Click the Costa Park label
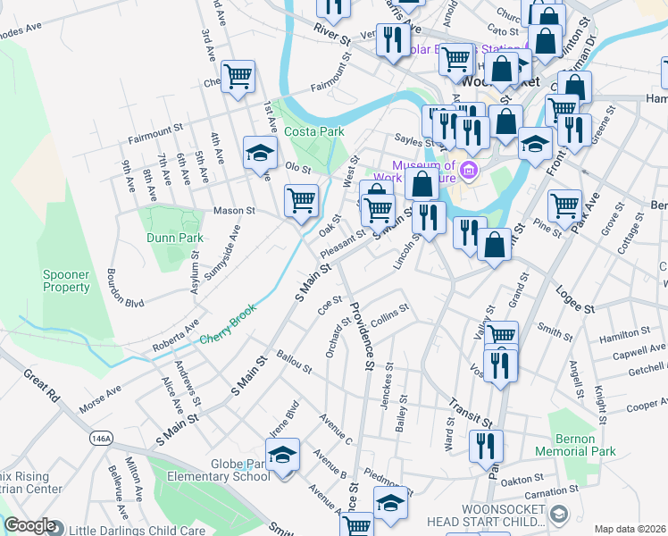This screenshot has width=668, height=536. [x=314, y=131]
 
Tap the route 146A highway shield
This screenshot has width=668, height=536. [x=100, y=439]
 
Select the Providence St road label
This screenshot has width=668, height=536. [x=359, y=336]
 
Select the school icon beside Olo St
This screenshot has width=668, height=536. [x=260, y=153]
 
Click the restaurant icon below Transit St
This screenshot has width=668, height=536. [x=485, y=444]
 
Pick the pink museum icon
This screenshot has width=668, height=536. [x=470, y=169]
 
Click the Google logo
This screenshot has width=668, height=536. [x=29, y=526]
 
